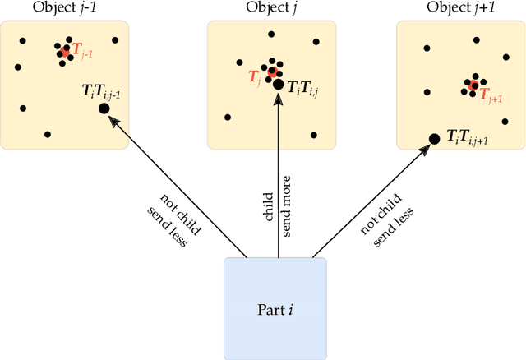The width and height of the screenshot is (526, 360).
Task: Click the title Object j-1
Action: [x=64, y=7]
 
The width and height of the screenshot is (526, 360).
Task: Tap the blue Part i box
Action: [x=275, y=308]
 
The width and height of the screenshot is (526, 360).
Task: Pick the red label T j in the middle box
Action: [x=255, y=76]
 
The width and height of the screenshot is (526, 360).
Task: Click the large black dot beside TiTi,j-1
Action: [x=104, y=108]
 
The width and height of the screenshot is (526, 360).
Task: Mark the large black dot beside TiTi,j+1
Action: [x=434, y=139]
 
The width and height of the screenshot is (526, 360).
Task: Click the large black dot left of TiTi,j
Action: [x=278, y=85]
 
